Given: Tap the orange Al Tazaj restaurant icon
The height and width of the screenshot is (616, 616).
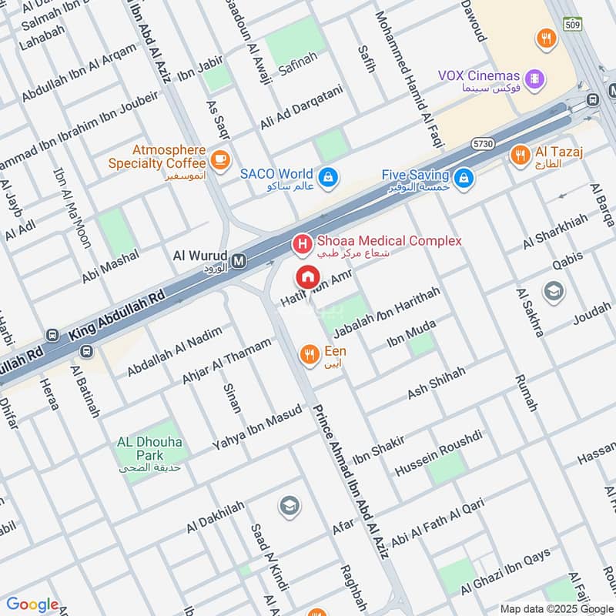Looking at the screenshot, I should [520, 156].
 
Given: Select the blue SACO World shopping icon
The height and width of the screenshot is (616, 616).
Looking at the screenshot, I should [329, 176].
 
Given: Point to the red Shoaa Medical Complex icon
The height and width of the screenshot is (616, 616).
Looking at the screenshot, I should [302, 245].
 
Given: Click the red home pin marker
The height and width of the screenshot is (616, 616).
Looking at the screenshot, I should [307, 276].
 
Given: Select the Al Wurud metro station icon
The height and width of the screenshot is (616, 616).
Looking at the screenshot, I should [239, 261].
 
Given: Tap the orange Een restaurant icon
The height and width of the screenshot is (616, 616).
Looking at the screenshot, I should [310, 353].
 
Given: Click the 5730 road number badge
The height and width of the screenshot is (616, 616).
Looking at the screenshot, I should [484, 144].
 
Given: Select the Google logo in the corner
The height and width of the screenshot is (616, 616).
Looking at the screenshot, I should [32, 604].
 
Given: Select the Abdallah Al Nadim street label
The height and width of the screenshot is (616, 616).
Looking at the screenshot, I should [174, 353].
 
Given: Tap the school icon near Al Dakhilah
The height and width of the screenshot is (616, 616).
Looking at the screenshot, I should [290, 505].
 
